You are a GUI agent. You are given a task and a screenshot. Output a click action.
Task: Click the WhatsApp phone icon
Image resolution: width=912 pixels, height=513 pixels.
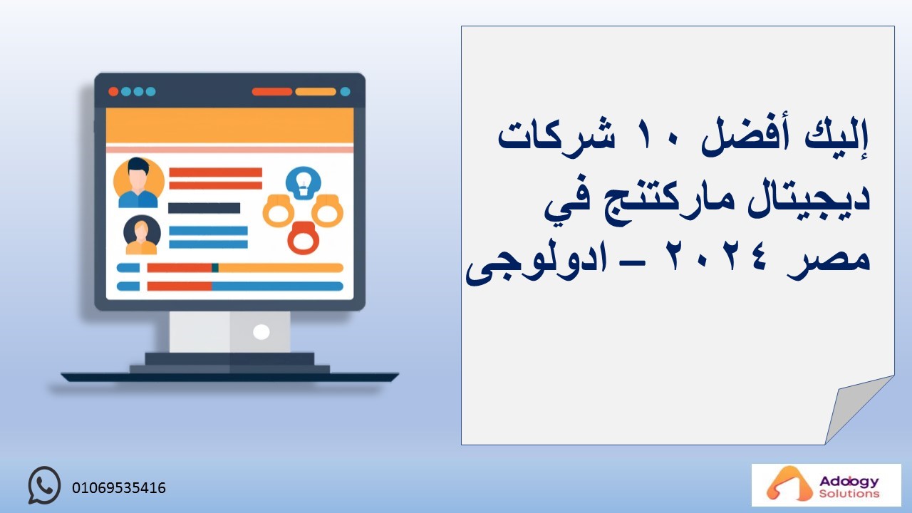44,485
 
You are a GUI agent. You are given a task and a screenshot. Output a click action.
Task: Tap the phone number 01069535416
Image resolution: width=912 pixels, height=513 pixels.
119,488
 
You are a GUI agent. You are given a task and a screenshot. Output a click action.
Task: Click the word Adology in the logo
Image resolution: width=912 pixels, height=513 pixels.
849,482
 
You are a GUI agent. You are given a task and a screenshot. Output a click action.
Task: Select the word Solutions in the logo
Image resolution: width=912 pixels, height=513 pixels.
849,494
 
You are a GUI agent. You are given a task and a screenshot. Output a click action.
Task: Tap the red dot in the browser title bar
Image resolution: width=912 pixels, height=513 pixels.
113,92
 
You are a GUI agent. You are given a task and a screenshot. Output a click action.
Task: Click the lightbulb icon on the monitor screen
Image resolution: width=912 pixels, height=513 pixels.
303,183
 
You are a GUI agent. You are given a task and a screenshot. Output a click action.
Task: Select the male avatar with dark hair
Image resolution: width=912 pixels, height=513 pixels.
138,183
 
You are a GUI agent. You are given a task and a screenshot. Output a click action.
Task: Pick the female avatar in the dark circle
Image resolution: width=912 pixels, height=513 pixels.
142,235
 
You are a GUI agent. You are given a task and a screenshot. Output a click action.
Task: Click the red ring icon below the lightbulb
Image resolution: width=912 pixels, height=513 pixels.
303,238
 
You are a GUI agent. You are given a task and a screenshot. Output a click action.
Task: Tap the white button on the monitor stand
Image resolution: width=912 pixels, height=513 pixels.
261,332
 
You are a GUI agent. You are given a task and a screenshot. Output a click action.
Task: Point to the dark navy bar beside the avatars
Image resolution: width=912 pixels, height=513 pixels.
204,208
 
